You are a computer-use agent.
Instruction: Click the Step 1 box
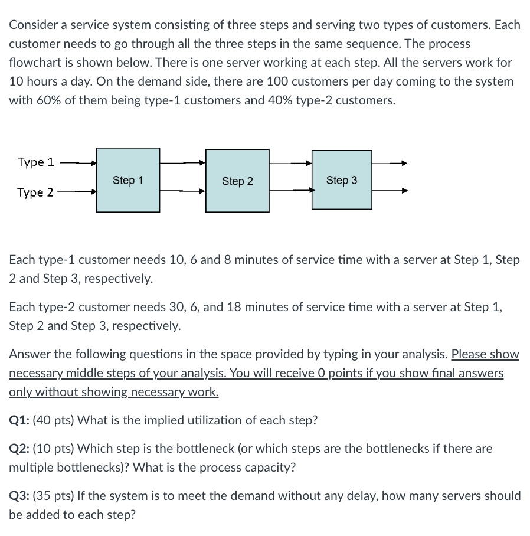(x=128, y=180)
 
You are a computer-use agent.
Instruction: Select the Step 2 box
(x=237, y=181)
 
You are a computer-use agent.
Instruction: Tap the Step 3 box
(x=342, y=180)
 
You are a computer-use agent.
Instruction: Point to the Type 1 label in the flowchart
(x=35, y=162)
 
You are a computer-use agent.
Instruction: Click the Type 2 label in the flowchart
(x=35, y=192)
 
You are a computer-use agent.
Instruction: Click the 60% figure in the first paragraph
(x=48, y=100)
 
